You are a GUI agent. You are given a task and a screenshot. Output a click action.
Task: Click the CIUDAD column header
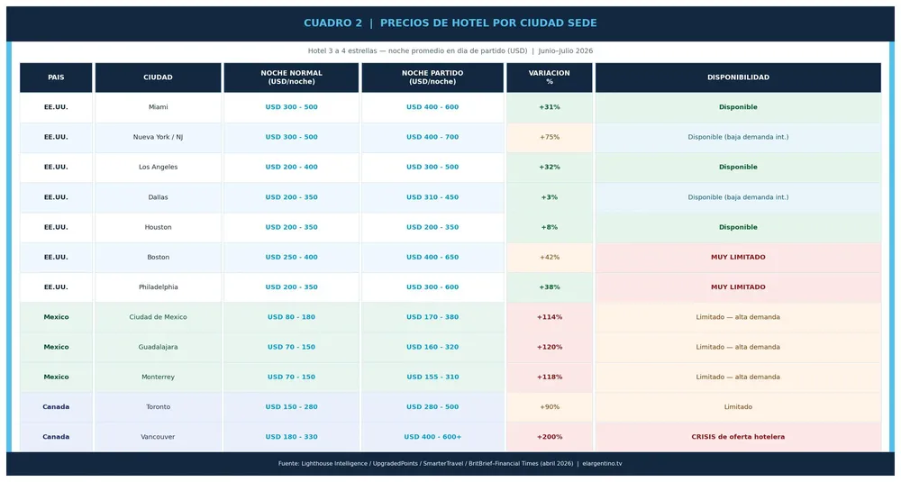(158, 77)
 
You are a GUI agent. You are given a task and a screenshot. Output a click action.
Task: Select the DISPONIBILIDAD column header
(738, 77)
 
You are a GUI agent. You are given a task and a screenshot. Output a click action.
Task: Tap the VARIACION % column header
(550, 77)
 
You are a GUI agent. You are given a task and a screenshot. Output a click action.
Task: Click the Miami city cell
(158, 107)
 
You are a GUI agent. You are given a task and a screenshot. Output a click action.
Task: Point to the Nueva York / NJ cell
(158, 137)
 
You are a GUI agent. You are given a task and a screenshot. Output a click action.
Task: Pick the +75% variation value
(550, 137)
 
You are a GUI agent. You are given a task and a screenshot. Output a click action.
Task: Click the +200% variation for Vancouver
(550, 437)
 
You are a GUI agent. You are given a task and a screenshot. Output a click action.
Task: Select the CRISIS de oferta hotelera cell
(738, 437)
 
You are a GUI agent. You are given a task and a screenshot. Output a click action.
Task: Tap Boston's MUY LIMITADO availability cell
(738, 258)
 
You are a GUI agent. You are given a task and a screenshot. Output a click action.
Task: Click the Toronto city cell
(158, 407)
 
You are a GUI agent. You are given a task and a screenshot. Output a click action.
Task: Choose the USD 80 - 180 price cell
(291, 317)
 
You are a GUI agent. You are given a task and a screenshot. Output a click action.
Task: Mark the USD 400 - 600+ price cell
(432, 437)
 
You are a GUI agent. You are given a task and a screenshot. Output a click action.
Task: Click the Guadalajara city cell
(158, 347)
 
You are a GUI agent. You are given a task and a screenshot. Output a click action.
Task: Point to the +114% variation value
(550, 317)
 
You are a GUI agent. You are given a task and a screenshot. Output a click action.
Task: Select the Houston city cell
(158, 228)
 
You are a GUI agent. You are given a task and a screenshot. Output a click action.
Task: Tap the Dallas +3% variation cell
(550, 197)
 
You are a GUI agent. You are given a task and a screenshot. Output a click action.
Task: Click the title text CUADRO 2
(332, 23)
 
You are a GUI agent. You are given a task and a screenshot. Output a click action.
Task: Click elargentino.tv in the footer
(602, 464)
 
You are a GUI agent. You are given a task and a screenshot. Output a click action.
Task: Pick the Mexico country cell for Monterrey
(56, 377)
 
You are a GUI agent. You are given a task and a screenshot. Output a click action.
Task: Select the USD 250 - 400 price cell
(291, 258)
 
